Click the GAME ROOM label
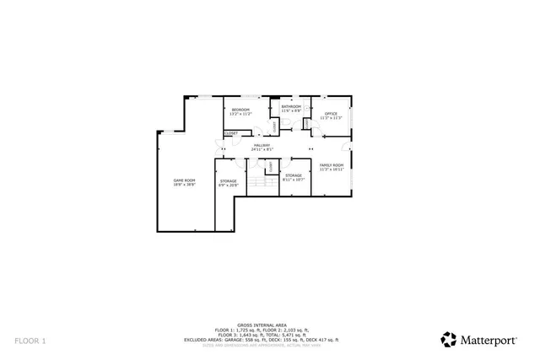(184, 180)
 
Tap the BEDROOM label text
(241, 110)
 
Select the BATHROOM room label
(291, 106)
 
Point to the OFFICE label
(331, 113)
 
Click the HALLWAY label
(262, 146)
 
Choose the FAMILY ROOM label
(331, 164)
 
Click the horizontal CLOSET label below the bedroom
(231, 133)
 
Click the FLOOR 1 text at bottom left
(30, 340)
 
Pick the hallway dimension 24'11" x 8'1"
(262, 150)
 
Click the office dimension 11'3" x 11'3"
(331, 118)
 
